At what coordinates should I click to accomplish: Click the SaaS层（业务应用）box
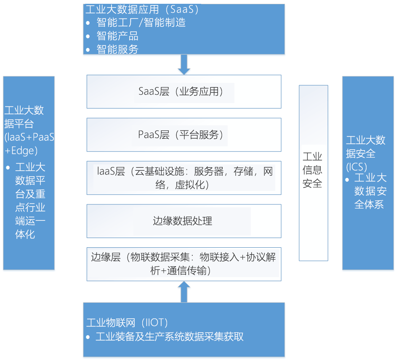pos(184,91)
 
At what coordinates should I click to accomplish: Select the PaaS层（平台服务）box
pos(184,135)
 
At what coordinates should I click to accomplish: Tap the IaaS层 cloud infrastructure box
pos(184,178)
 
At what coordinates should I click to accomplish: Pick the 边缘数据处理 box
pos(184,221)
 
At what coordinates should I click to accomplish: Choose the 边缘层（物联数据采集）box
pos(184,264)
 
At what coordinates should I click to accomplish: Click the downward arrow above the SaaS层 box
pos(184,65)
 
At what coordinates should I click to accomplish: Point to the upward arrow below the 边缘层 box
pos(184,292)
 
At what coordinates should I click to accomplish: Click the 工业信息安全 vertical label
pos(312,170)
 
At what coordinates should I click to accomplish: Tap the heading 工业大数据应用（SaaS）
pos(142,9)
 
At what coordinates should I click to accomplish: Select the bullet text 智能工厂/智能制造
pos(141,22)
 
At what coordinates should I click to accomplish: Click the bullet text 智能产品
pos(117,36)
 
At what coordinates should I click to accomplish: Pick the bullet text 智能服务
pos(117,49)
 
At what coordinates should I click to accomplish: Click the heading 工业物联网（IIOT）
pos(127,323)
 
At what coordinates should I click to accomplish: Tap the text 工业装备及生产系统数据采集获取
pos(170,336)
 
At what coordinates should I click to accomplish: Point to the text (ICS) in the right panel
pos(356,167)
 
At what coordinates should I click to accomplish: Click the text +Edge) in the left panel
pos(21,151)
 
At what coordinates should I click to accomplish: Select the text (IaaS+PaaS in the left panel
pos(29,137)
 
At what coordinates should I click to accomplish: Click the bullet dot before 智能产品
pos(88,36)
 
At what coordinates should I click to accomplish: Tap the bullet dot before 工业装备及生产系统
pos(88,337)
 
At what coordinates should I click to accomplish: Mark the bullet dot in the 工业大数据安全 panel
pos(347,180)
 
